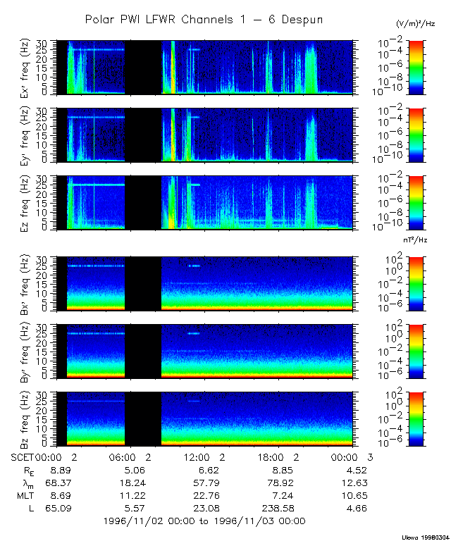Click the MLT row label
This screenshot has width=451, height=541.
pos(25,495)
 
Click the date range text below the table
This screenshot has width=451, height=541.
pos(204,521)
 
